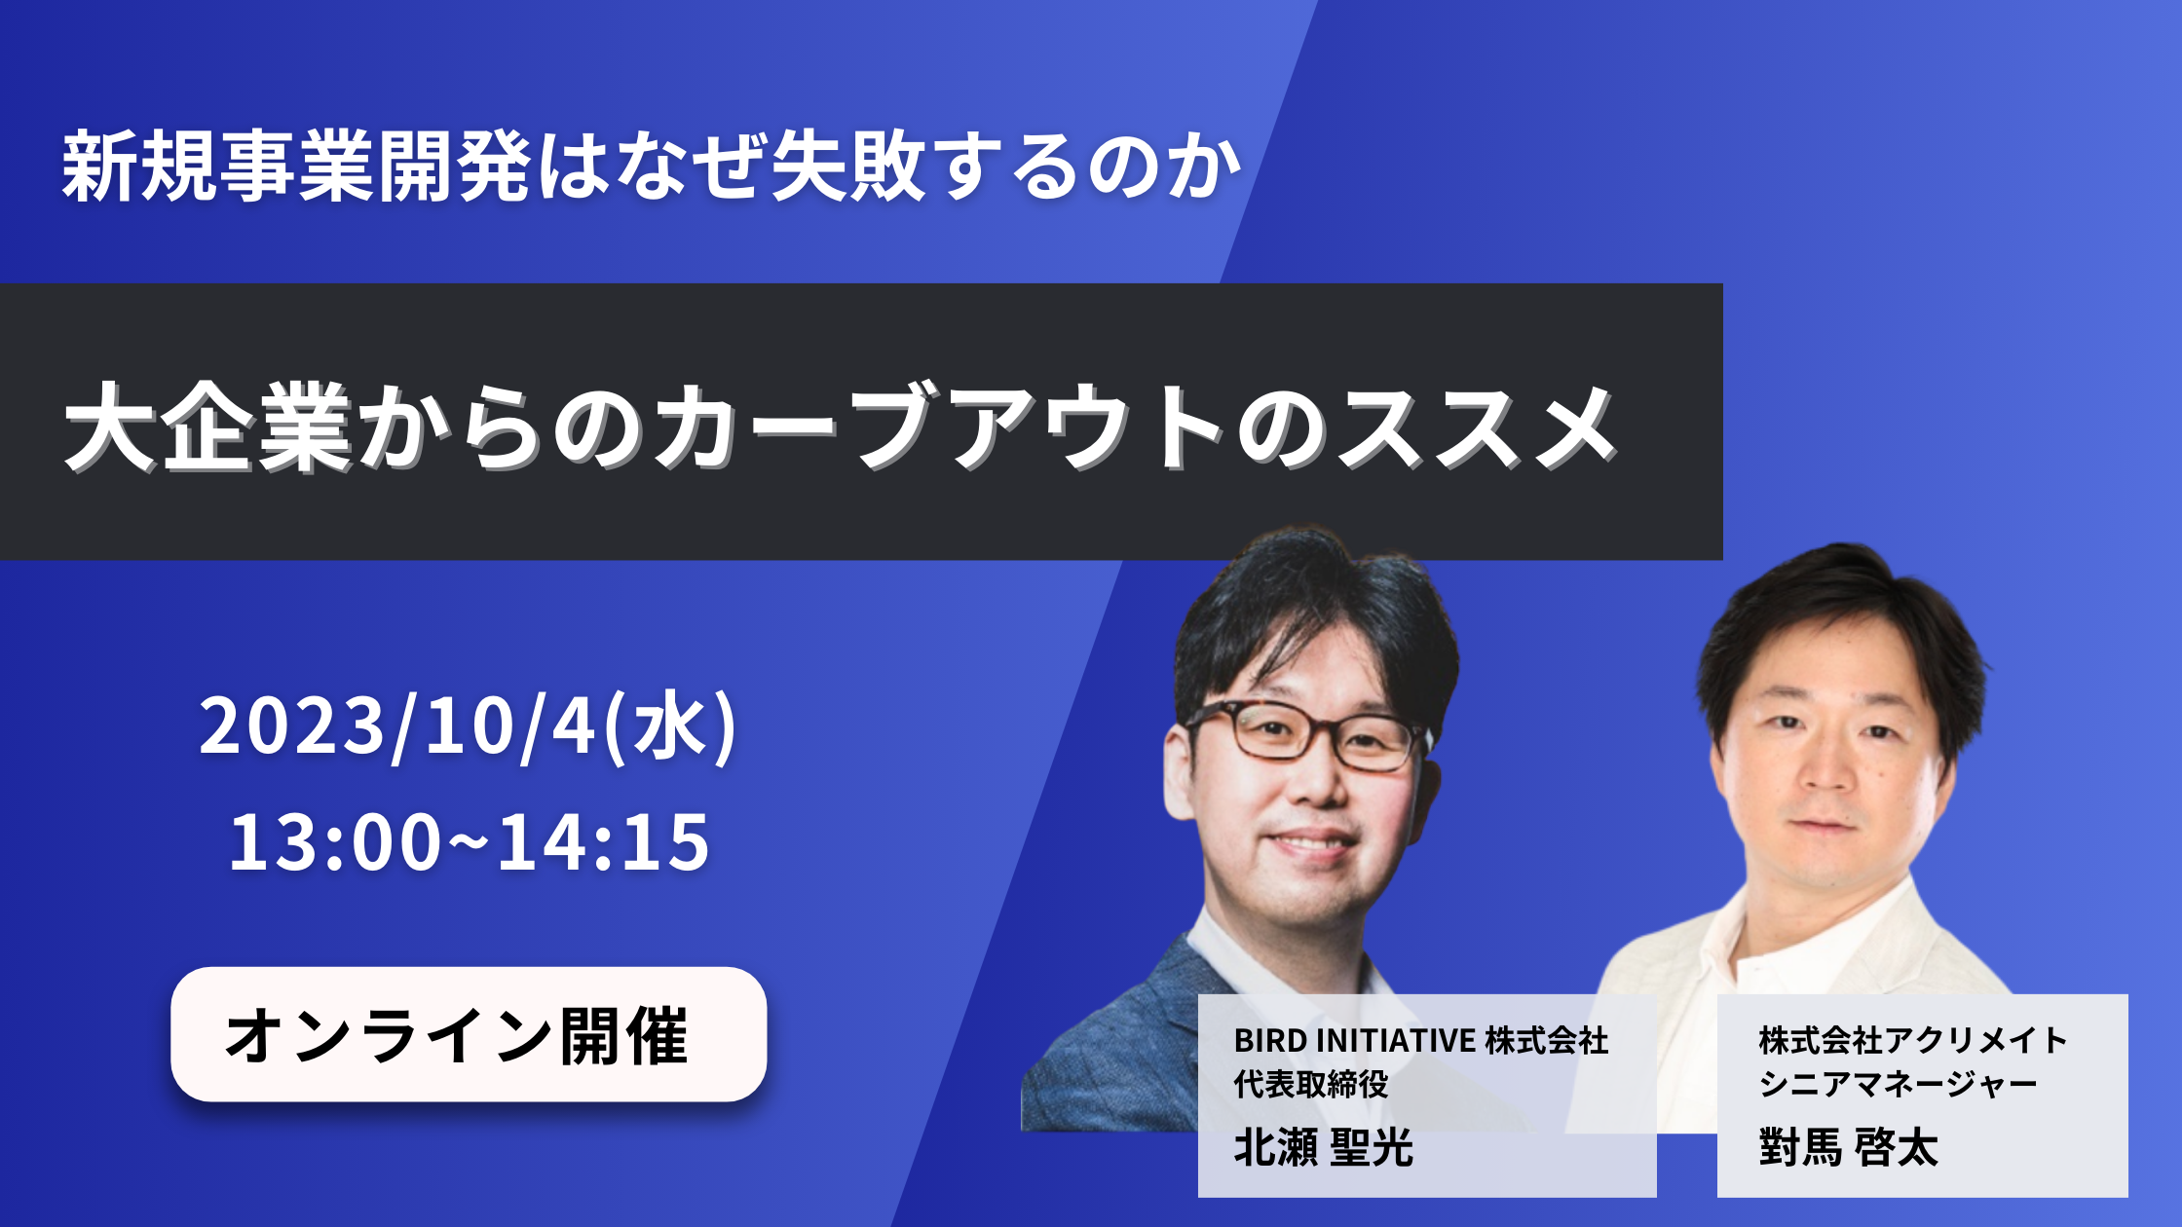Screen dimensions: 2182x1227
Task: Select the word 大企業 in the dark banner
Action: coord(207,428)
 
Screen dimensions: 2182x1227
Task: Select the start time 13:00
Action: coord(335,841)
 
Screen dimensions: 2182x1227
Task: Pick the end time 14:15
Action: coord(604,841)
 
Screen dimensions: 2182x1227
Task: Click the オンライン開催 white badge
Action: coord(469,1034)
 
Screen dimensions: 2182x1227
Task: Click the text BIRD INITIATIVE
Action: coord(1354,1041)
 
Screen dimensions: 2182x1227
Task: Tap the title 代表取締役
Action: coord(1311,1084)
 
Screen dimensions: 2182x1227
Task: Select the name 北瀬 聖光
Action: coord(1323,1147)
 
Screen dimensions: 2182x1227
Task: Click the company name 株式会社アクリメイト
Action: coord(1913,1041)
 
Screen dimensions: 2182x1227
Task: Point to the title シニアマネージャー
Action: coord(1898,1084)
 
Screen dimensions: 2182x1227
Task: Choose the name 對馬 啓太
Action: coord(1848,1147)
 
